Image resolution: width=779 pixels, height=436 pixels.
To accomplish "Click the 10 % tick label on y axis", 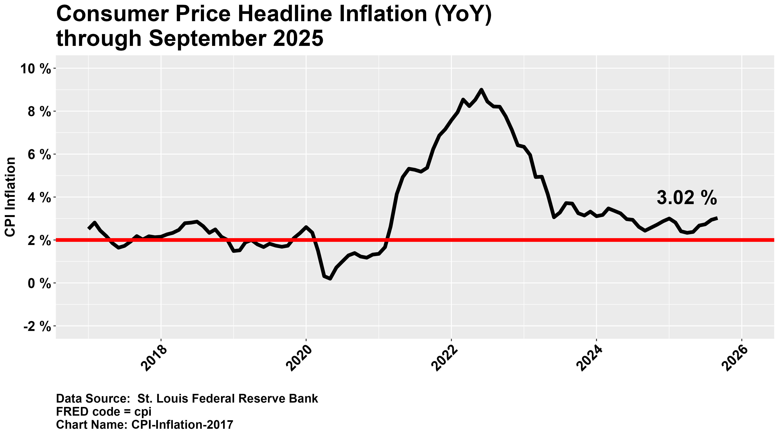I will click(35, 69).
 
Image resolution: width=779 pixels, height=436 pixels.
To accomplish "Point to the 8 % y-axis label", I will click(39, 112).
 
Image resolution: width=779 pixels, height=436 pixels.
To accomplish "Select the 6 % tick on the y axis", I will click(39, 155).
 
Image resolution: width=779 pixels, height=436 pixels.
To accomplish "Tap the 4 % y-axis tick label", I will click(39, 198).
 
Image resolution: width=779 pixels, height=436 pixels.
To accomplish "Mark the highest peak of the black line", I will click(481, 90).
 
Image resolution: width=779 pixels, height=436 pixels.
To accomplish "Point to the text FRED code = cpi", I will click(103, 412).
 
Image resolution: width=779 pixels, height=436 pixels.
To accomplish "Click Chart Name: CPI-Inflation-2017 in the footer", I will click(145, 425).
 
